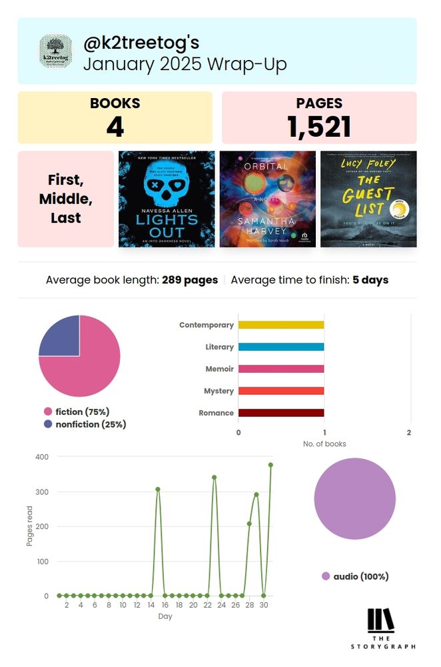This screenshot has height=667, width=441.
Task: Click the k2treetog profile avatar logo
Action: tap(55, 51)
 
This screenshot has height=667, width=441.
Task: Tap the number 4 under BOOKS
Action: tap(115, 127)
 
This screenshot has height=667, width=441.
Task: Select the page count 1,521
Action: tap(319, 127)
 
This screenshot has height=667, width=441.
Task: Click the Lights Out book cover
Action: tap(167, 199)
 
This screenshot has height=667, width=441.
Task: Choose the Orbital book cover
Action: tap(267, 199)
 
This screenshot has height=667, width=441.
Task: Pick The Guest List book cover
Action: tap(368, 199)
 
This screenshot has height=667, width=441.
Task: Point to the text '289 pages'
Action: tap(190, 280)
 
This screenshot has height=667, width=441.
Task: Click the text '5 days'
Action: tap(370, 280)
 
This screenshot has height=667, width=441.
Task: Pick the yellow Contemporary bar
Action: tap(281, 325)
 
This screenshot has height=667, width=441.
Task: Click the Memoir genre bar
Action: tap(281, 369)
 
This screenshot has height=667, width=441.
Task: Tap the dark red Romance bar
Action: tap(281, 413)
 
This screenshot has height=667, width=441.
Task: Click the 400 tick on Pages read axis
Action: tap(41, 457)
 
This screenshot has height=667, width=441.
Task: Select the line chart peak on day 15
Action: tap(158, 489)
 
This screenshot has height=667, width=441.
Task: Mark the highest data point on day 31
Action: tap(270, 465)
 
